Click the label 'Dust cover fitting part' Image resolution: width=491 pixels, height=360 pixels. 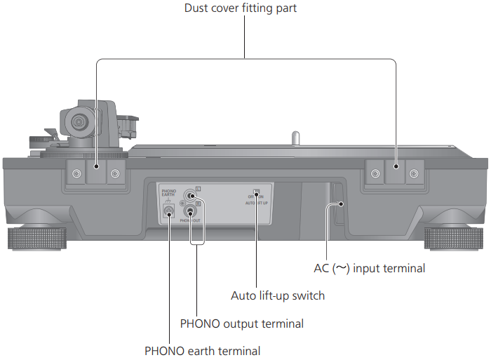245,9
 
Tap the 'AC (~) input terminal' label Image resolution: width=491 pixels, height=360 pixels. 369,267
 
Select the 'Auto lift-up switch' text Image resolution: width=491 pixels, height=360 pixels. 278,295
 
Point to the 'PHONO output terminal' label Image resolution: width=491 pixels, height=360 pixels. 241,324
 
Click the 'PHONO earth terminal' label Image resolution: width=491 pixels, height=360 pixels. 202,351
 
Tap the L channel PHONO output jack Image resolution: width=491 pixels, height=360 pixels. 189,197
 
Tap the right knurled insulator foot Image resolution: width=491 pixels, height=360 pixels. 453,239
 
